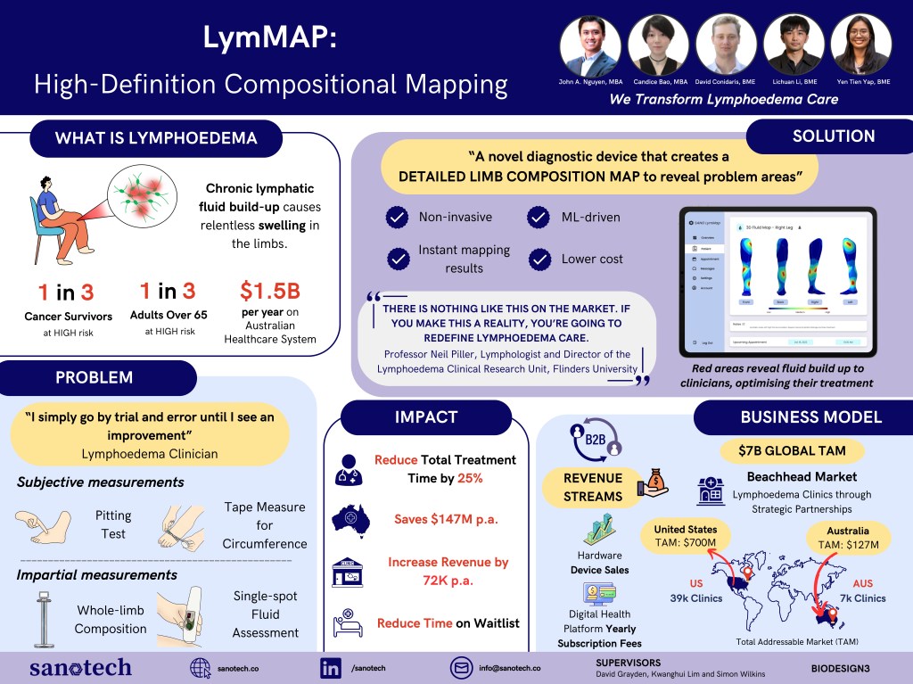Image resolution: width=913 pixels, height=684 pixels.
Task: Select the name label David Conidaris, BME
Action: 726,81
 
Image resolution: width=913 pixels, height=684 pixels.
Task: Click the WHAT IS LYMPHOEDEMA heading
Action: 156,138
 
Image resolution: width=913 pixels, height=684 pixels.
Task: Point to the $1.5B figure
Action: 267,291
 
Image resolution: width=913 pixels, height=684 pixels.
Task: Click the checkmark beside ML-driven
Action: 538,217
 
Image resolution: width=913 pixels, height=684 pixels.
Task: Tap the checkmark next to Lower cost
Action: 538,260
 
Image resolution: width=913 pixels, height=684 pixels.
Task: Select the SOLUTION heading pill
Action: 834,136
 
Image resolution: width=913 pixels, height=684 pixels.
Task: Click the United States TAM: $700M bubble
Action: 685,537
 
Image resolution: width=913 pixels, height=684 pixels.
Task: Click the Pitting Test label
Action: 113,524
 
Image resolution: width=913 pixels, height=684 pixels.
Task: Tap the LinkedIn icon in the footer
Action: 331,667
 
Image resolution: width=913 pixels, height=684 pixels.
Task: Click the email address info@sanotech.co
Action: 509,668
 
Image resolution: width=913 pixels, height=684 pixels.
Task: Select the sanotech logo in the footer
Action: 80,667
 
